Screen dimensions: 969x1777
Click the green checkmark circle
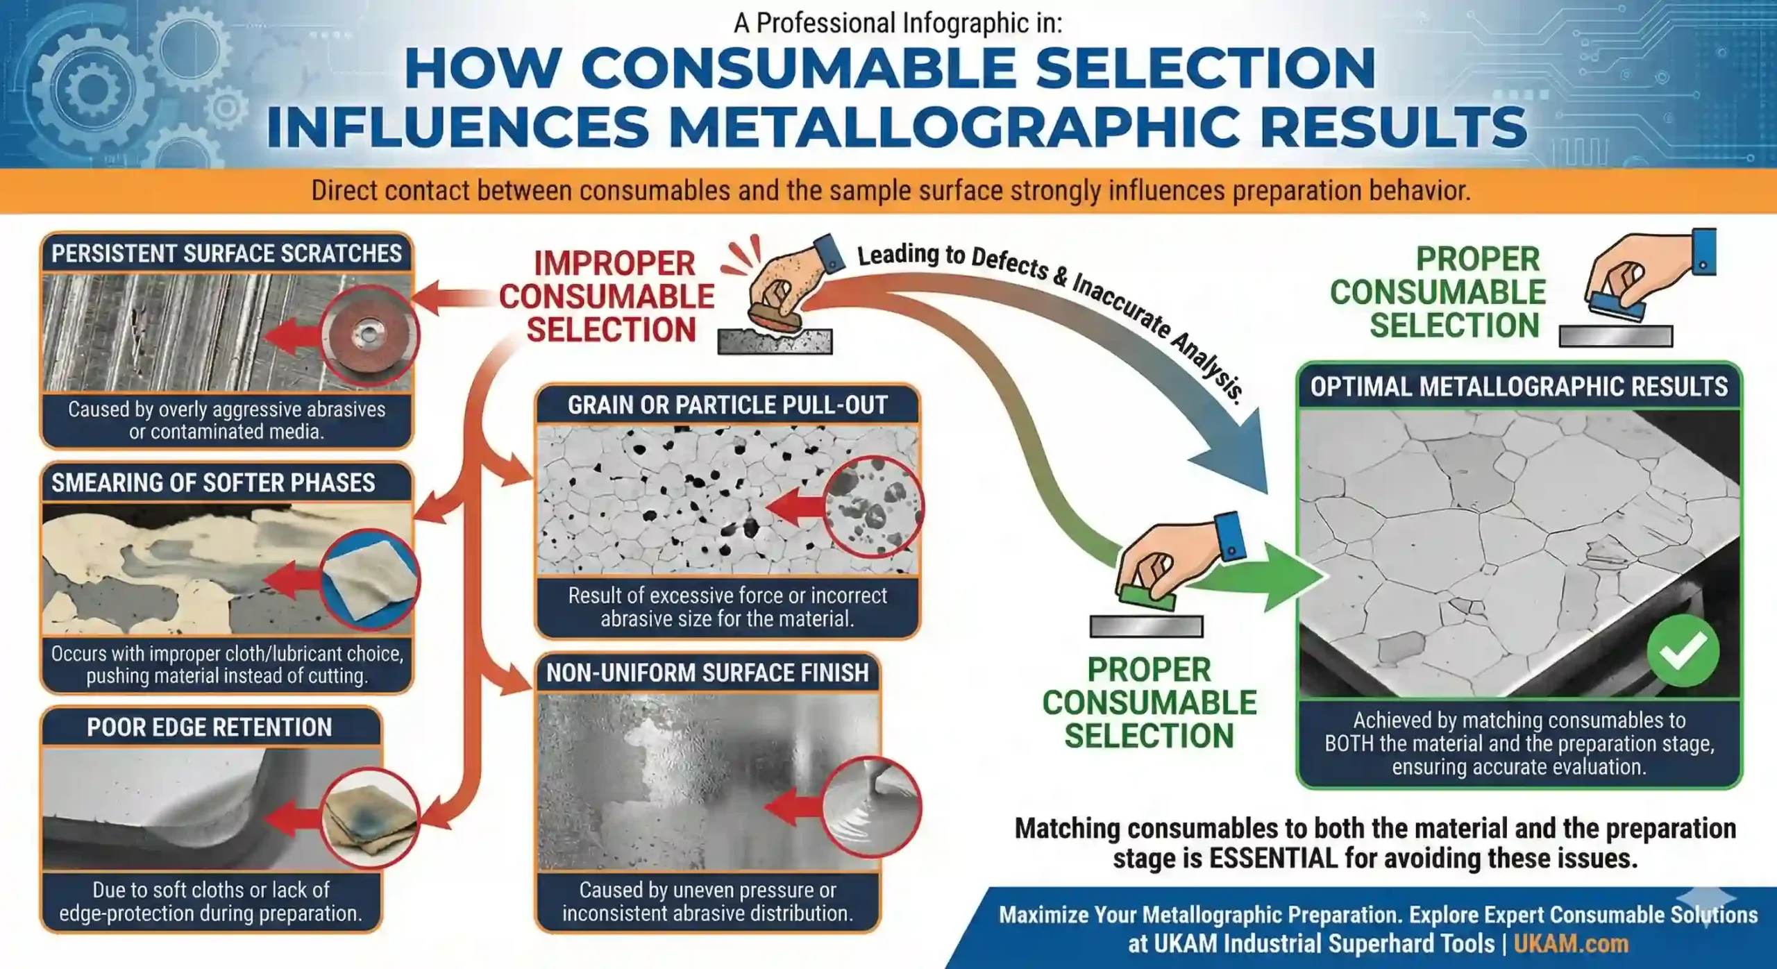1683,650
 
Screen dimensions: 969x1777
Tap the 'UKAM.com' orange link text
1571,943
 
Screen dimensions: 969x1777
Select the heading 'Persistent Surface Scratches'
226,253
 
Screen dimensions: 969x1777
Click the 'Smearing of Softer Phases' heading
213,482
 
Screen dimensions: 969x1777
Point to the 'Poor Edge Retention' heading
210,727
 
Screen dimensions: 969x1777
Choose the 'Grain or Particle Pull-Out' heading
727,405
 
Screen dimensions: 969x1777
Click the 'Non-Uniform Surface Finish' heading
707,673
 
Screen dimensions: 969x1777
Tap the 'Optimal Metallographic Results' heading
1519,386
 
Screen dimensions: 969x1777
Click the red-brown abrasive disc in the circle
369,337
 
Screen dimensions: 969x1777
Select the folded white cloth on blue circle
369,580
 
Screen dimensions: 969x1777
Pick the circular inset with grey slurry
872,807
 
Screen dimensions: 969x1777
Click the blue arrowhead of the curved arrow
1236,455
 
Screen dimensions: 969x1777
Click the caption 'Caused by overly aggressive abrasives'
226,409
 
